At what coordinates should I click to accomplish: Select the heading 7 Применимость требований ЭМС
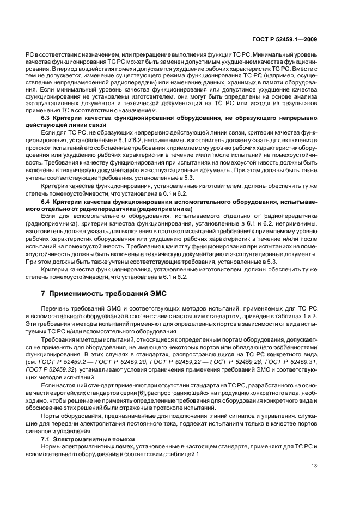coord(103,293)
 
